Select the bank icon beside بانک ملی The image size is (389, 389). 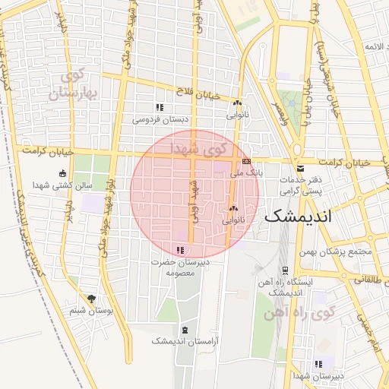click(x=246, y=162)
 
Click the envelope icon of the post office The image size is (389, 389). click(x=299, y=169)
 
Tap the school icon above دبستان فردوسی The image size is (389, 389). click(x=159, y=108)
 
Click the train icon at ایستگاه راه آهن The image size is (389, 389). click(x=284, y=270)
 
